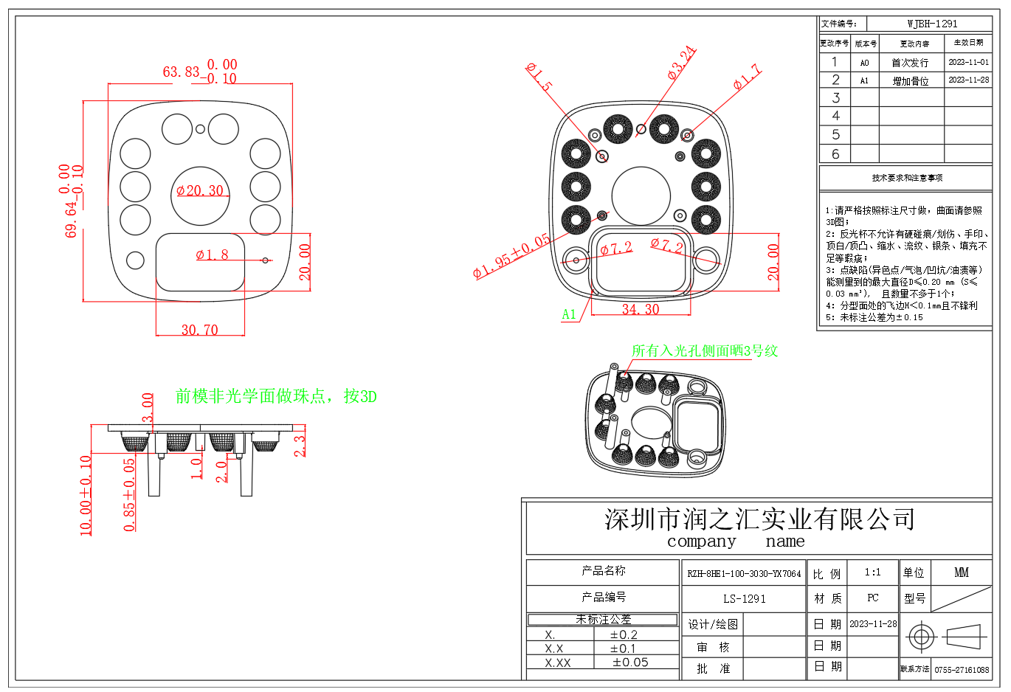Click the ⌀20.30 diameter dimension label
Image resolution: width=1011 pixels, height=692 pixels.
[200, 191]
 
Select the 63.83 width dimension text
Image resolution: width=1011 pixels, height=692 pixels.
[182, 72]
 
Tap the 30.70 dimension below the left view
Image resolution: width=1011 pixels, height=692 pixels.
[200, 330]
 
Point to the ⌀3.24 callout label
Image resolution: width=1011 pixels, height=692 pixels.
[681, 63]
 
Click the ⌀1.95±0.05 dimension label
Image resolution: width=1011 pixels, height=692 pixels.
[511, 256]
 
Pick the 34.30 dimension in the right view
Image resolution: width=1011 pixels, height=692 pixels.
[640, 310]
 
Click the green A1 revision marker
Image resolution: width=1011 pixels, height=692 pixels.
[569, 314]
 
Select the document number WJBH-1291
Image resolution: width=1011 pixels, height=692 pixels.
[932, 24]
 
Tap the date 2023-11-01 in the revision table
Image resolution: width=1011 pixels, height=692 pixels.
[968, 63]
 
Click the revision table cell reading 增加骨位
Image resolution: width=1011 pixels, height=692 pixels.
[911, 81]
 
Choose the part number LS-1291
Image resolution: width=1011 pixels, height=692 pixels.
[744, 599]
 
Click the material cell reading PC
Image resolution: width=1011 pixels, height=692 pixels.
[873, 598]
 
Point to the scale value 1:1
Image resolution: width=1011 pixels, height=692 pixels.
[873, 572]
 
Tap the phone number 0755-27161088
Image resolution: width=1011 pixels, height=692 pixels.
[962, 670]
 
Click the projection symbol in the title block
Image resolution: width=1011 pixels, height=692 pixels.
[946, 636]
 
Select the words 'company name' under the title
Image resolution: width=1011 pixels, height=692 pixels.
[736, 542]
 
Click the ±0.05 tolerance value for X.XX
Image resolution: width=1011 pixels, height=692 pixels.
[630, 662]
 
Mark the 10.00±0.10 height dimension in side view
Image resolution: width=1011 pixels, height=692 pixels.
[86, 495]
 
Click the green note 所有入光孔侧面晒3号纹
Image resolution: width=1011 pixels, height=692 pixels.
[705, 351]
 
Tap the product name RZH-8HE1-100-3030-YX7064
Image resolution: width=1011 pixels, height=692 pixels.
[744, 573]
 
